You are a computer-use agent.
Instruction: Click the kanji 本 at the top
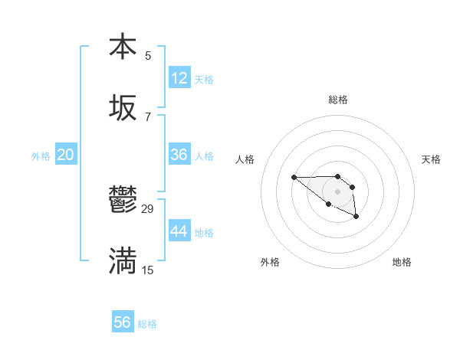click(x=123, y=47)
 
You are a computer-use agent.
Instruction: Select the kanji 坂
click(x=123, y=108)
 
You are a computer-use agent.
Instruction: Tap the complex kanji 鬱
click(x=123, y=201)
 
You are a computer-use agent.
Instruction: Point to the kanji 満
click(x=123, y=262)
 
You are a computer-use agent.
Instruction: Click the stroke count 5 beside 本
click(x=148, y=55)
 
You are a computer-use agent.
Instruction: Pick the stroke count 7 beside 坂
click(x=148, y=116)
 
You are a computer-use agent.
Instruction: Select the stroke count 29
click(x=148, y=209)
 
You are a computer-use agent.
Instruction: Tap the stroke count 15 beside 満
click(x=148, y=270)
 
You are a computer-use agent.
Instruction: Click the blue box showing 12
click(x=179, y=78)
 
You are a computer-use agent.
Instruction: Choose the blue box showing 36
click(x=179, y=155)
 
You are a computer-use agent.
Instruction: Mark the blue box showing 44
click(x=179, y=231)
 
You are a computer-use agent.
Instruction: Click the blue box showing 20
click(x=65, y=155)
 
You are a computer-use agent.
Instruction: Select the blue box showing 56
click(x=123, y=322)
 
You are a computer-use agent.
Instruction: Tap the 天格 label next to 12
click(x=204, y=80)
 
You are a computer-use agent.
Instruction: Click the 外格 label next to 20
click(x=41, y=156)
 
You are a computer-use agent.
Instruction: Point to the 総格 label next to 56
click(x=147, y=324)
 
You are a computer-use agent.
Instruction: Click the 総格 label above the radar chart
click(x=338, y=100)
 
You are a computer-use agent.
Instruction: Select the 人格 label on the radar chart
click(x=245, y=159)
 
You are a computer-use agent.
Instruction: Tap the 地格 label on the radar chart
click(x=402, y=262)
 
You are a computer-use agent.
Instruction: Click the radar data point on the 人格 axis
click(x=294, y=178)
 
